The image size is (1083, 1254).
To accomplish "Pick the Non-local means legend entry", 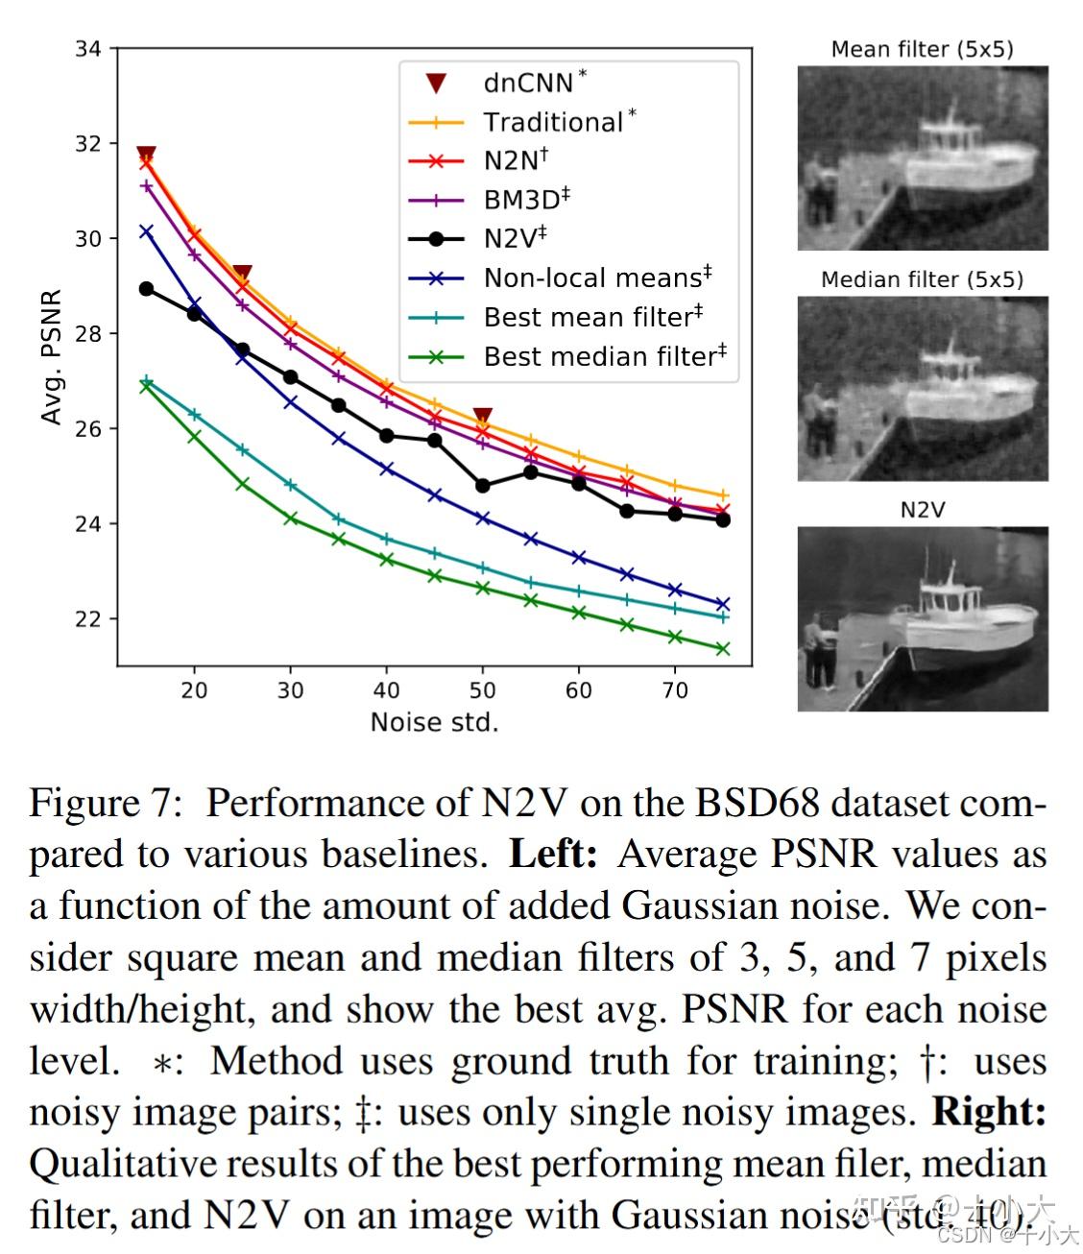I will click(596, 277).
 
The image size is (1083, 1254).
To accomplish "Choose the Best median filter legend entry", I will click(604, 356).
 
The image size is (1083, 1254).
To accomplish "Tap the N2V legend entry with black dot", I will click(514, 238).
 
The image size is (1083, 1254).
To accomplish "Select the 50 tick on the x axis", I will click(482, 689).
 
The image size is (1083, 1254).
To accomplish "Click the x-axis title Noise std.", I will click(434, 722).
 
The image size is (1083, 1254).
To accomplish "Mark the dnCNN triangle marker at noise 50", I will click(483, 417).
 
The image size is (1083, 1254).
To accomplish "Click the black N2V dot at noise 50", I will click(483, 486).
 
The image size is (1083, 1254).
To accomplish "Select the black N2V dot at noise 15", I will click(146, 288).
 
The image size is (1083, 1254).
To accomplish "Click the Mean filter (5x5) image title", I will click(922, 49).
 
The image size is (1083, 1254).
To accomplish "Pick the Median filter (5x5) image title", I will click(922, 279).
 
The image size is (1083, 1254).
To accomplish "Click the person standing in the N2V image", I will click(818, 653).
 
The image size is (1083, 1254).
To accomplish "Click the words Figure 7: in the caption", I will click(105, 803).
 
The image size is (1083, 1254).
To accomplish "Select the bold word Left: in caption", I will click(553, 854).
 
